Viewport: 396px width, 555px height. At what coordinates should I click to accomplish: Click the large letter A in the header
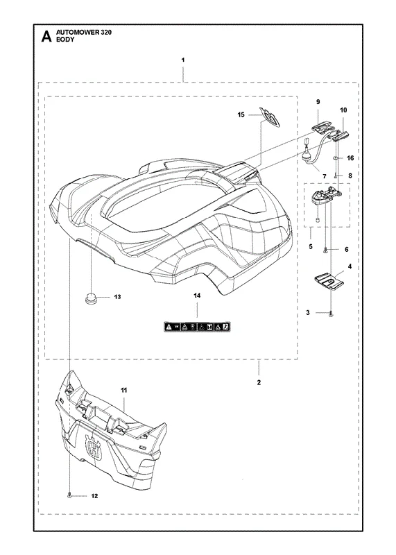(x=46, y=37)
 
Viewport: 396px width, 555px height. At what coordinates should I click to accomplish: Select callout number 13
(x=117, y=297)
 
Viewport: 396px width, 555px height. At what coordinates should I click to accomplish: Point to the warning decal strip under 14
(x=197, y=327)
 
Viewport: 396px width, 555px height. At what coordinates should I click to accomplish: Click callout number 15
(x=241, y=114)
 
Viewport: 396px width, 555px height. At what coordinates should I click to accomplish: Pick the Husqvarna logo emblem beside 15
(x=270, y=117)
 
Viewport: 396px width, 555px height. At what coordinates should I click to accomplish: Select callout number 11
(x=124, y=390)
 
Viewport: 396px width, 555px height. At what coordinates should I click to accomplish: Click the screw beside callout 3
(x=331, y=313)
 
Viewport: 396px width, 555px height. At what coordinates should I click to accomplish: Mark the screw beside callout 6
(x=325, y=250)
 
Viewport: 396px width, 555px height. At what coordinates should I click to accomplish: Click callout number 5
(x=311, y=246)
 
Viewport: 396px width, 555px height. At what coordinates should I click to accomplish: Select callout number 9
(x=318, y=102)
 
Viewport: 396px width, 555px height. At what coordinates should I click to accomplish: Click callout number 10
(x=343, y=110)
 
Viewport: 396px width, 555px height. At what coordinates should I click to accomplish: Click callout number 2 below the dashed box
(x=259, y=383)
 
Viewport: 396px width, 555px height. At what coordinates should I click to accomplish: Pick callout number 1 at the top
(x=183, y=60)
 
